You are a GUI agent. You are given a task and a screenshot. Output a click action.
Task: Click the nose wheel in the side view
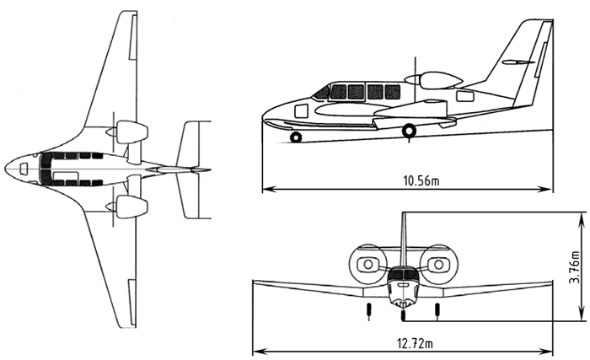coord(295,137)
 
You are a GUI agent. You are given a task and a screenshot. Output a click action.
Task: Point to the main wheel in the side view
coord(409,131)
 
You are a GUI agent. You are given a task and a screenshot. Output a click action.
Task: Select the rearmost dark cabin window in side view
coord(393,92)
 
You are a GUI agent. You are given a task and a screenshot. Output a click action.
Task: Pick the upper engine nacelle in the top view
coord(131,132)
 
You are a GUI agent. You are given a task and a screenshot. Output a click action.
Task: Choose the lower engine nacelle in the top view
coord(131,206)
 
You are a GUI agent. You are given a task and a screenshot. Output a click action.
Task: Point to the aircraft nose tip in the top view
coord(6,169)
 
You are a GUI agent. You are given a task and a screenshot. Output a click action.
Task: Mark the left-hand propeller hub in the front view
coord(367,265)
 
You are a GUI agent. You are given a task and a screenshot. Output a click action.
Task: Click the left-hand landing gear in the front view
coord(368,309)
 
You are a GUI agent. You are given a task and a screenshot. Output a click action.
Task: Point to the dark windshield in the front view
coord(403,274)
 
